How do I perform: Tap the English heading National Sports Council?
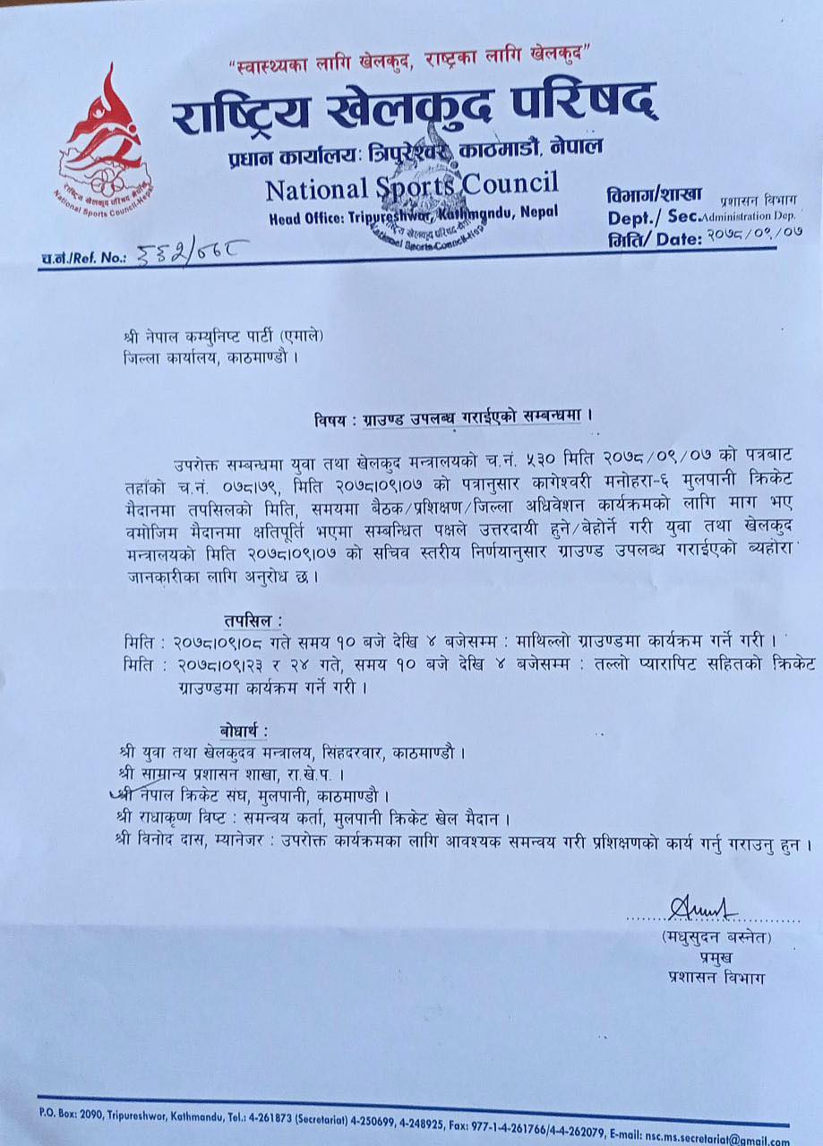point(411,187)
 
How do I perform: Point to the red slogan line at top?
point(407,57)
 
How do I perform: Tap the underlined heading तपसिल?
point(253,619)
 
